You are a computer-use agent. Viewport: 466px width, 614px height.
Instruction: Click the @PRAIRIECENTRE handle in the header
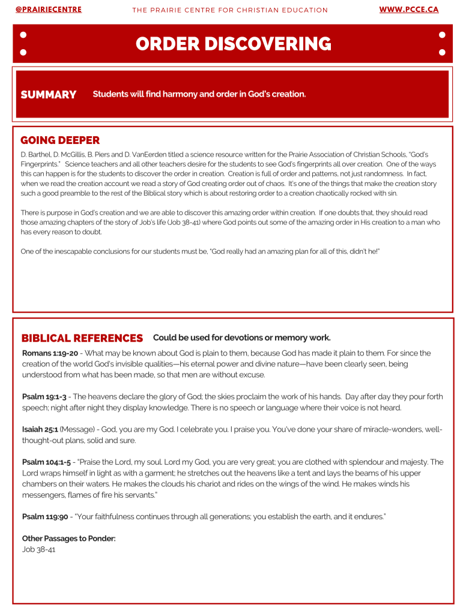[x=48, y=10]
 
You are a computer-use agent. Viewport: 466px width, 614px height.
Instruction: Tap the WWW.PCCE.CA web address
[x=409, y=10]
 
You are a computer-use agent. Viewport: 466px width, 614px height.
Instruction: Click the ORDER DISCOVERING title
[x=233, y=44]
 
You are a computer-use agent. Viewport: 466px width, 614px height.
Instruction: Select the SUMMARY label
[x=49, y=95]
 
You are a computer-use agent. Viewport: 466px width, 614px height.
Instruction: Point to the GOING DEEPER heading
[x=60, y=140]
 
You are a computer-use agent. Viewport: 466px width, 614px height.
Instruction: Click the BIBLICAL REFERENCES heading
[x=82, y=338]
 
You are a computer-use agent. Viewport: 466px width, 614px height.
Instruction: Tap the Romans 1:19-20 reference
[x=50, y=353]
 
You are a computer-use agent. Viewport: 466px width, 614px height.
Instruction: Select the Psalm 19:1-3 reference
[x=44, y=396]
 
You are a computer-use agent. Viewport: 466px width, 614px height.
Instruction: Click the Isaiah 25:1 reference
[x=40, y=429]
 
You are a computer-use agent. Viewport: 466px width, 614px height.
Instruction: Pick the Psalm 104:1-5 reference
[x=46, y=462]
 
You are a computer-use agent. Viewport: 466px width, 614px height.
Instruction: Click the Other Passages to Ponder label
[x=68, y=538]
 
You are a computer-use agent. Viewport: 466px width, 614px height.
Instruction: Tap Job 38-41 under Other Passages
[x=38, y=549]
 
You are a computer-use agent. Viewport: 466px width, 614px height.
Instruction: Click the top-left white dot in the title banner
[x=23, y=35]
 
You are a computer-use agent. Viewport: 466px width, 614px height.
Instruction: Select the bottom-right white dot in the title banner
[x=443, y=53]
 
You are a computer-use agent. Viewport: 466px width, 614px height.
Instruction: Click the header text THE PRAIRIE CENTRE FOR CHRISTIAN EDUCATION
[x=230, y=10]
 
